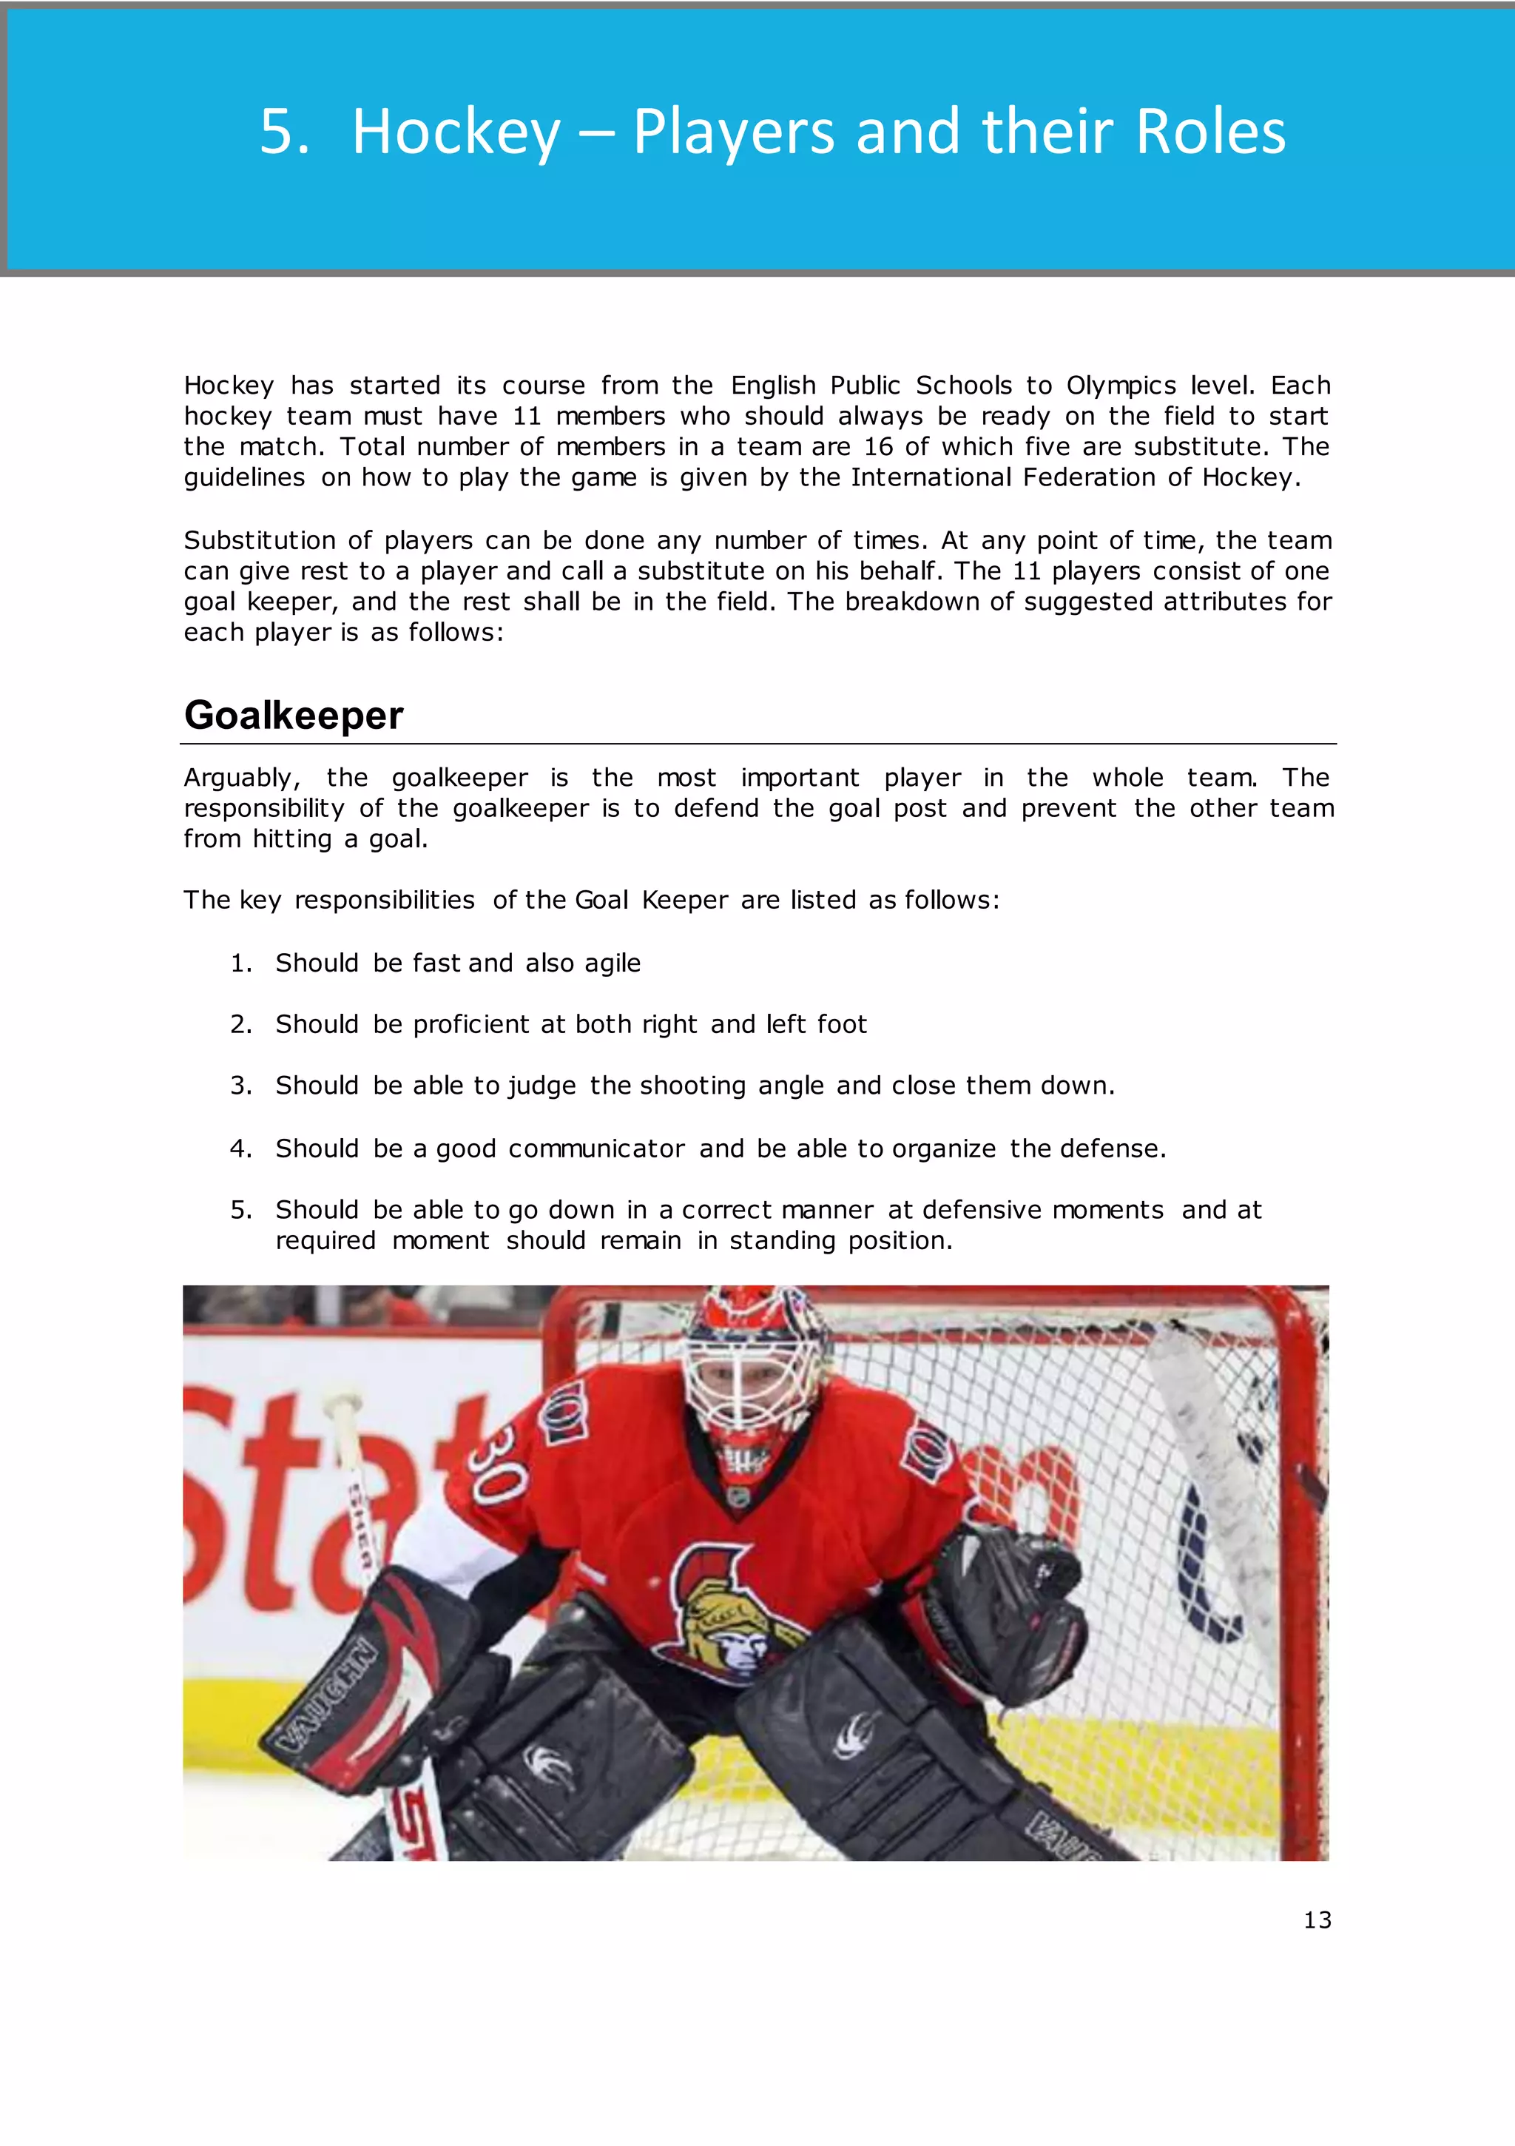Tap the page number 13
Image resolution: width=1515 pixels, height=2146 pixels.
(1317, 1920)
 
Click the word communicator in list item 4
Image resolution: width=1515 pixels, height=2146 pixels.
(596, 1148)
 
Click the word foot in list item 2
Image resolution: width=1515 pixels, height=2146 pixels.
(842, 1024)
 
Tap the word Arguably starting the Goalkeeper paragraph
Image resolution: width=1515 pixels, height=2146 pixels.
(241, 778)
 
